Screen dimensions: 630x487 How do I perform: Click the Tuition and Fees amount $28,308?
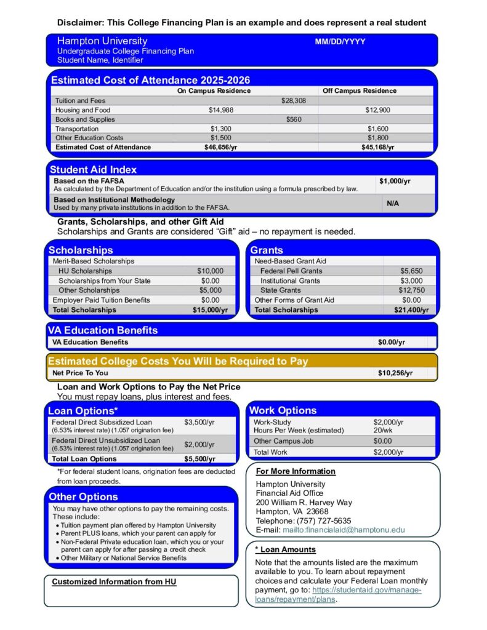pyautogui.click(x=293, y=100)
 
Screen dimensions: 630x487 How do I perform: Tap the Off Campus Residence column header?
pyautogui.click(x=360, y=90)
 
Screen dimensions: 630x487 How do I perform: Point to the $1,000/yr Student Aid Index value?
pyautogui.click(x=395, y=181)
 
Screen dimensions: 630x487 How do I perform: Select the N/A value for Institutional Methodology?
pyautogui.click(x=392, y=203)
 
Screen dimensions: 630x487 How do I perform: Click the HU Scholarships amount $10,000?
pyautogui.click(x=210, y=271)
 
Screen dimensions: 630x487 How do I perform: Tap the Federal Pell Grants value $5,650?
pyautogui.click(x=411, y=271)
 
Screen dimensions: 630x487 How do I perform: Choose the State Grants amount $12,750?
pyautogui.click(x=411, y=290)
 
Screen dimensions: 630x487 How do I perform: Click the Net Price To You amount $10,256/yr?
pyautogui.click(x=395, y=373)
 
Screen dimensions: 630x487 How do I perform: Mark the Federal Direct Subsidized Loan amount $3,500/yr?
pyautogui.click(x=199, y=423)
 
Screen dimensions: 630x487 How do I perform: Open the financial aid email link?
pyautogui.click(x=344, y=530)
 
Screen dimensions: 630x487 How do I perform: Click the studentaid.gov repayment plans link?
pyautogui.click(x=366, y=590)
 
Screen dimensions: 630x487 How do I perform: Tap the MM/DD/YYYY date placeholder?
pyautogui.click(x=340, y=42)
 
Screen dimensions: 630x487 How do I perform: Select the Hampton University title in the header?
pyautogui.click(x=102, y=41)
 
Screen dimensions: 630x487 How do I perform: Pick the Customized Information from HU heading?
pyautogui.click(x=114, y=582)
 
